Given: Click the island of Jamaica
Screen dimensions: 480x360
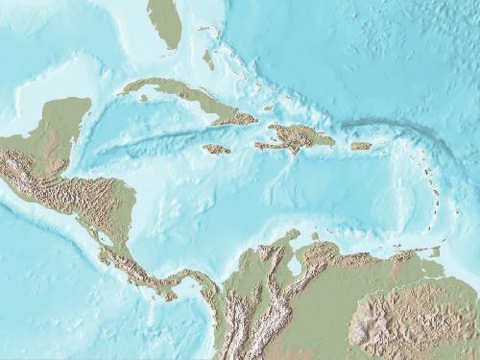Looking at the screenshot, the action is click(x=216, y=149).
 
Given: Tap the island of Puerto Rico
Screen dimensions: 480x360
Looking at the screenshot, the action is click(x=360, y=146).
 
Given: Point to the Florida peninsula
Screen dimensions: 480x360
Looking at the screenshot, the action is click(x=166, y=24).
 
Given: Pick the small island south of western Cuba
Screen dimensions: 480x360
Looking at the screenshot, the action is click(x=143, y=97).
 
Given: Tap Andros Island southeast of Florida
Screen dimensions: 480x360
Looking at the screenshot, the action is click(x=208, y=60).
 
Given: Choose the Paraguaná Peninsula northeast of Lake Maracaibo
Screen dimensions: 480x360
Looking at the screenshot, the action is click(x=314, y=236).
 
